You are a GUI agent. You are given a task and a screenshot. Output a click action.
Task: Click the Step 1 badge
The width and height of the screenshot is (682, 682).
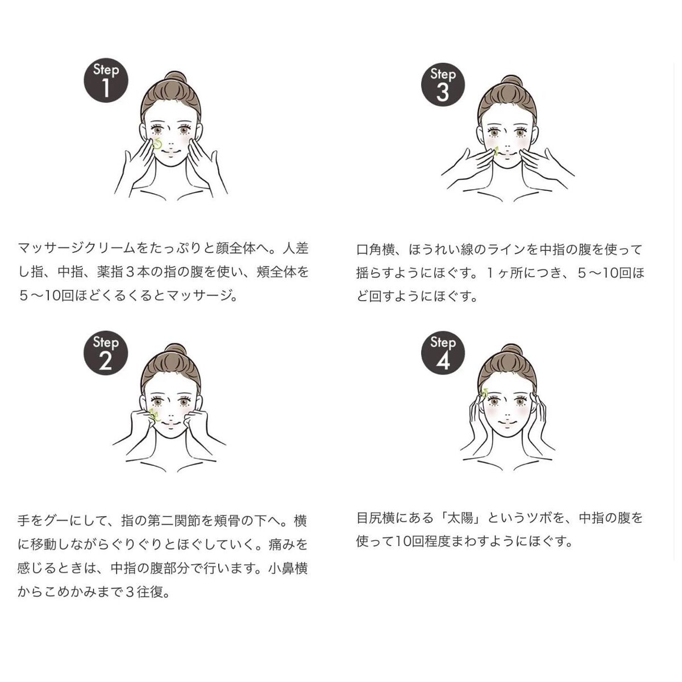[106, 80]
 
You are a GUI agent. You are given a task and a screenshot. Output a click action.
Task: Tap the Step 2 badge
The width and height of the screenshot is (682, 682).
[106, 353]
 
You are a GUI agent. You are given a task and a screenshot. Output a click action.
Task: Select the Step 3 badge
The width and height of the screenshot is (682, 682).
[443, 85]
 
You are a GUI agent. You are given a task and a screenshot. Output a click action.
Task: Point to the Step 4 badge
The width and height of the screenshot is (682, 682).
[443, 353]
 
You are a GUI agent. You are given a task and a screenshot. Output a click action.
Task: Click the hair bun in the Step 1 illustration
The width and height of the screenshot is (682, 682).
[175, 77]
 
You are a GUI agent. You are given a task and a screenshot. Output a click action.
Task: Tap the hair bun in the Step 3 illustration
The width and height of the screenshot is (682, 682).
[511, 81]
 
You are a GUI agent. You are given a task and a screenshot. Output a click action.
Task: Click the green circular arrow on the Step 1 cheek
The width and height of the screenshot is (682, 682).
[157, 144]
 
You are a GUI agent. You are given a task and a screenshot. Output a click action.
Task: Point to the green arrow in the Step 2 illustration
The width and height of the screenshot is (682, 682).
[154, 414]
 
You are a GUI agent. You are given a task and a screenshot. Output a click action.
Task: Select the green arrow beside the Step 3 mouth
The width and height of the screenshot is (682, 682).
[496, 151]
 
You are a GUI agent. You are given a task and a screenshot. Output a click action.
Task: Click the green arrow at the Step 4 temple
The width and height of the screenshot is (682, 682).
[485, 392]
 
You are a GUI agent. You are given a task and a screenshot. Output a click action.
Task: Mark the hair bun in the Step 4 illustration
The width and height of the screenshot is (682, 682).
[511, 350]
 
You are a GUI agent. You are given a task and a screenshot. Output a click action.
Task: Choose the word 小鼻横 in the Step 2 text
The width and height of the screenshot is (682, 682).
[288, 568]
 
